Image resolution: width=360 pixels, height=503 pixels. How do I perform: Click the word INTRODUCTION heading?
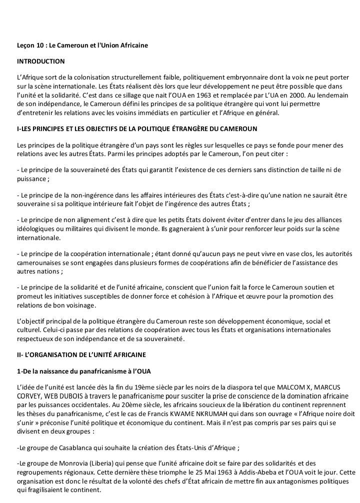pyautogui.click(x=41, y=61)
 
